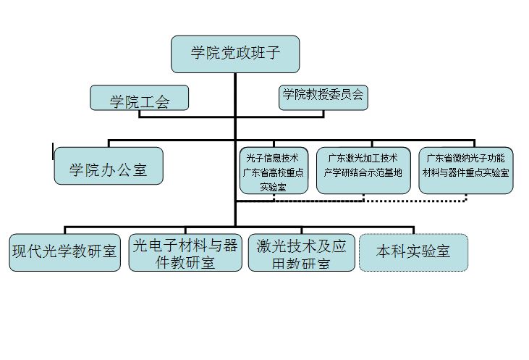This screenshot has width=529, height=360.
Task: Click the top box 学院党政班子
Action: tap(235, 54)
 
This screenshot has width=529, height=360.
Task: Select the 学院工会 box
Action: tap(140, 98)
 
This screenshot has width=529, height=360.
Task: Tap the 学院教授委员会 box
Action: tap(323, 98)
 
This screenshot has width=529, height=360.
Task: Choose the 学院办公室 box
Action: tap(109, 166)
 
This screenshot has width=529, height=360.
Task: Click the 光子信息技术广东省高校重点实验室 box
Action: tap(274, 170)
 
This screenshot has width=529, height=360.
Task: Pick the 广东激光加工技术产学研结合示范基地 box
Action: tap(363, 170)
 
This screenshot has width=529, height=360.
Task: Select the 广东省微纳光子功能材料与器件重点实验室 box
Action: tap(466, 170)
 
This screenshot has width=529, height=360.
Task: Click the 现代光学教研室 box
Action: tap(65, 253)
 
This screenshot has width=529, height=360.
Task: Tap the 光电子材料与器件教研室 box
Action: tap(185, 253)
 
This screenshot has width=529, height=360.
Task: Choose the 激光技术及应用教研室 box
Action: tap(302, 253)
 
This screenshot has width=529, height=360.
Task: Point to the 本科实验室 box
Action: tap(414, 253)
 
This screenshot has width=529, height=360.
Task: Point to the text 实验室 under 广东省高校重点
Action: tap(274, 187)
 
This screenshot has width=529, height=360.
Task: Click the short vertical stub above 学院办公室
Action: tap(109, 143)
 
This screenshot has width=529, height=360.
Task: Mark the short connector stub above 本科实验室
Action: tap(414, 230)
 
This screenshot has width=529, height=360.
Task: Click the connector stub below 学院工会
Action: tap(140, 114)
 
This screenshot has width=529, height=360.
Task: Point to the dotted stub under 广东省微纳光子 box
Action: tap(466, 198)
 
